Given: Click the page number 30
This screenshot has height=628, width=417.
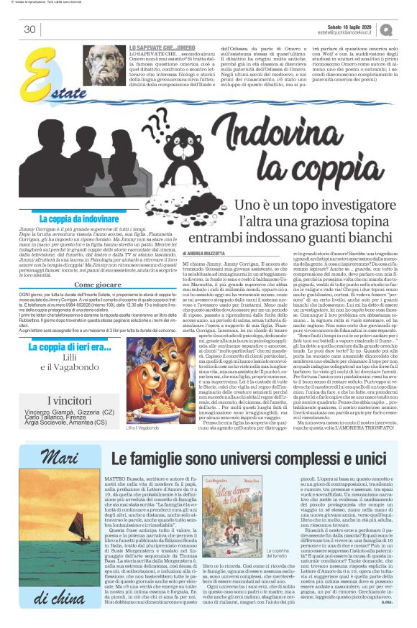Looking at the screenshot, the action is pyautogui.click(x=29, y=29).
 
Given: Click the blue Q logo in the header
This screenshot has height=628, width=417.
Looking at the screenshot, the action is pyautogui.click(x=408, y=29).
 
